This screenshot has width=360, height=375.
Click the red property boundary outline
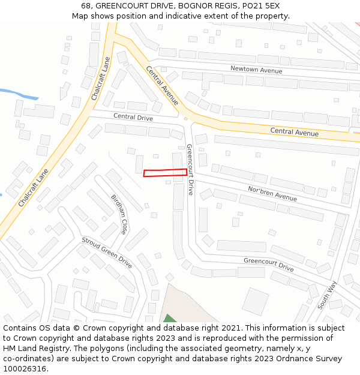[165, 173]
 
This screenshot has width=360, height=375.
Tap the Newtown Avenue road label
[256, 70]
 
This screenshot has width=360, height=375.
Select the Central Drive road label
[133, 117]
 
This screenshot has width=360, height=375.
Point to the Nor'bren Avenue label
[272, 193]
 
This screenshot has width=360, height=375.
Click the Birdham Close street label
[119, 214]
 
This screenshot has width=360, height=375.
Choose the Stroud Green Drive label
[107, 253]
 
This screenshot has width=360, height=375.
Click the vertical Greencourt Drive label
[190, 169]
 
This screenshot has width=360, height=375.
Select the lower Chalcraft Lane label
[33, 188]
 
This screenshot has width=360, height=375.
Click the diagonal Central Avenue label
[162, 85]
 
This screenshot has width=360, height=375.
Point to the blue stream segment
[18, 94]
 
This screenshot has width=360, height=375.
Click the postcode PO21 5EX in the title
[263, 5]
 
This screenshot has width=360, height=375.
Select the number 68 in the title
[86, 5]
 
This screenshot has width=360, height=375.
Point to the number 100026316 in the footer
[25, 368]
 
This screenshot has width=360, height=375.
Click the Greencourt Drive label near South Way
[268, 264]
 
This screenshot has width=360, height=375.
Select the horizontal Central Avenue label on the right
[294, 131]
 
